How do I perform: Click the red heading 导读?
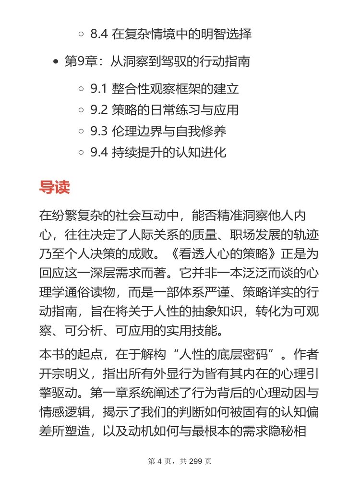pyautogui.click(x=54, y=187)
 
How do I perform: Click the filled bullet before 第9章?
pyautogui.click(x=56, y=62)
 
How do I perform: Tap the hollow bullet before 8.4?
pyautogui.click(x=81, y=35)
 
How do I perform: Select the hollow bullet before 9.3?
pyautogui.click(x=81, y=132)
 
